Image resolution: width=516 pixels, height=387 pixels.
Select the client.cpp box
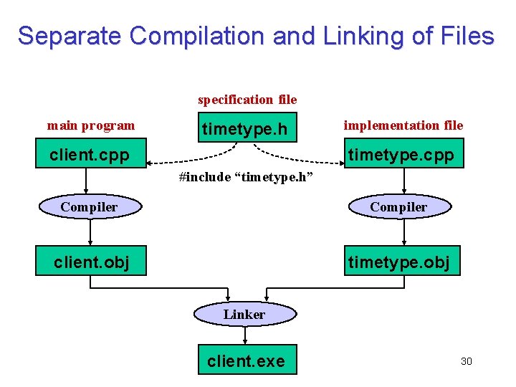point(90,155)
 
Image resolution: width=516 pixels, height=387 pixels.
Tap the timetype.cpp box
point(401,155)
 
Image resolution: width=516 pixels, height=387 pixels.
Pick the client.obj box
point(90,262)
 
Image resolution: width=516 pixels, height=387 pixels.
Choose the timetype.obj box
point(400,262)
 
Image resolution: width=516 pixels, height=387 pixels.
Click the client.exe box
point(246,360)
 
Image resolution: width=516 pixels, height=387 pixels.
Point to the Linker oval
point(244,314)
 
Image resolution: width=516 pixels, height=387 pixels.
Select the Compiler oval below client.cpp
point(89,207)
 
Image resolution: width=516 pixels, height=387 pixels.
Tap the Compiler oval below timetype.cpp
point(398,207)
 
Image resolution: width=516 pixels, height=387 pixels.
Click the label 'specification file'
point(247,100)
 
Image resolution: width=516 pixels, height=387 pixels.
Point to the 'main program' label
point(91,125)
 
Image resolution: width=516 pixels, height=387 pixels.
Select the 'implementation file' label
point(403,125)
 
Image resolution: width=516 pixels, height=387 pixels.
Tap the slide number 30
point(466,360)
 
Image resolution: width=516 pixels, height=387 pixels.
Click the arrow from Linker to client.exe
point(245,335)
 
